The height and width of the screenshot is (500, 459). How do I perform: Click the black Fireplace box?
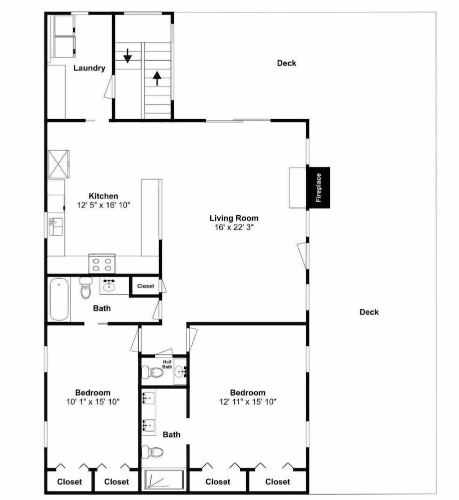318,187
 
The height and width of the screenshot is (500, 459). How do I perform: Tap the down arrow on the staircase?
128,55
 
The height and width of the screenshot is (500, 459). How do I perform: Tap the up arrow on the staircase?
157,78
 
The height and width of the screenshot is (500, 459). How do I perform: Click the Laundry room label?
90,68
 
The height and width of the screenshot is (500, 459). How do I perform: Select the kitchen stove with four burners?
102,263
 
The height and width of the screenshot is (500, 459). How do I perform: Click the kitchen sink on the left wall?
56,226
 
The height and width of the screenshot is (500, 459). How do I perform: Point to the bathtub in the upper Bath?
60,299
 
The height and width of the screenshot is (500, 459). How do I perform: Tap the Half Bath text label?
167,364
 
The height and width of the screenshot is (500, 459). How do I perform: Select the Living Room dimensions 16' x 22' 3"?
234,227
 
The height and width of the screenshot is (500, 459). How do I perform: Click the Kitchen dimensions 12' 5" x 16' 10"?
104,204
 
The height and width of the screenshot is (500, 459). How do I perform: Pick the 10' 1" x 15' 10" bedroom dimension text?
93,401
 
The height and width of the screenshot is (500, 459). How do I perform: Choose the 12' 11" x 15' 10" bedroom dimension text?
248,401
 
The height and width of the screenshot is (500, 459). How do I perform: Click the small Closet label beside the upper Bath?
146,286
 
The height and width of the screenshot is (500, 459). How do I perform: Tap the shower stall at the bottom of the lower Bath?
164,479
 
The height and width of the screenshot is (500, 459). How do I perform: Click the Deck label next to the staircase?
287,63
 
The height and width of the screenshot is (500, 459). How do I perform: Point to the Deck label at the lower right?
369,312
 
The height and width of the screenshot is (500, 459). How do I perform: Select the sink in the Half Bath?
180,371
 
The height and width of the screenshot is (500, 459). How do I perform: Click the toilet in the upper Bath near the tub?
86,287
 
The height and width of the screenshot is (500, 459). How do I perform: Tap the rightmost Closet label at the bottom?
277,481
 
